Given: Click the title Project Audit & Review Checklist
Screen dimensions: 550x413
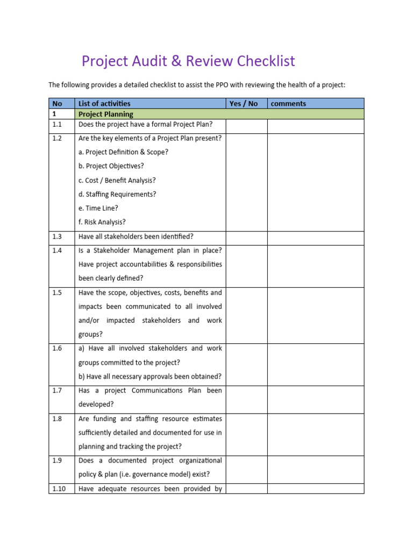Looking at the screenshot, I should (x=188, y=61).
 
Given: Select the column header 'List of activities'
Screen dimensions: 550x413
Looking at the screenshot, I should (x=104, y=104).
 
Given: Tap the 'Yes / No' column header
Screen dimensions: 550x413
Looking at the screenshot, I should (x=244, y=104).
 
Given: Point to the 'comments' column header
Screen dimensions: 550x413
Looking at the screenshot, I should (x=289, y=104).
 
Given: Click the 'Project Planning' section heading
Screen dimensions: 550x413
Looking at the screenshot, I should (x=106, y=114).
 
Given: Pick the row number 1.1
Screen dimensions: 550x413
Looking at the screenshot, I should (x=57, y=125).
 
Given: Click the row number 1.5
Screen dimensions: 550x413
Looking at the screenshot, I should (x=57, y=293).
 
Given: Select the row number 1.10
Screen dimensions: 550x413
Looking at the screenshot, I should (x=59, y=489).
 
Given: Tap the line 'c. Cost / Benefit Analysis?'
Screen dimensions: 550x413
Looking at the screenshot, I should (x=117, y=180).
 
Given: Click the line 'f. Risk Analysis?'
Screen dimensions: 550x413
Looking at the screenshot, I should (x=102, y=222).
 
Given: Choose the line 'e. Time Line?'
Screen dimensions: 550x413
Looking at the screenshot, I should (x=98, y=208).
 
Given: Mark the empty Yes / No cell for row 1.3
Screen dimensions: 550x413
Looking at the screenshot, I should (x=246, y=237).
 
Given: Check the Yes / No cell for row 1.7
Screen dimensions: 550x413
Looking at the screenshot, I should (x=246, y=398).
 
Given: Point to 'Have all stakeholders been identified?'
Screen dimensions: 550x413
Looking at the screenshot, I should (x=136, y=237).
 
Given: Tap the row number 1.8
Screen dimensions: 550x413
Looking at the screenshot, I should (x=57, y=419).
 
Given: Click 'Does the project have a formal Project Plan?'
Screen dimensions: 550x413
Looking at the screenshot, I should (x=146, y=125).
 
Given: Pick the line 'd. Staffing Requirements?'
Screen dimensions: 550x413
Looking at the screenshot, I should (x=117, y=194).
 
